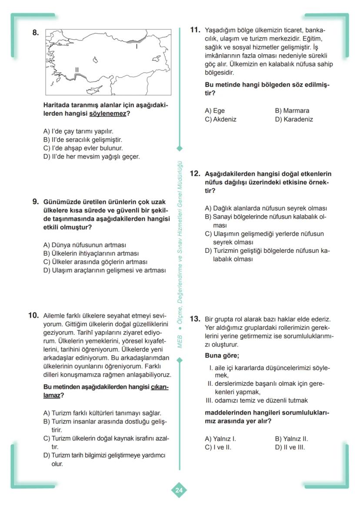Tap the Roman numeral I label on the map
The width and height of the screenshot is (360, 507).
coord(137,46)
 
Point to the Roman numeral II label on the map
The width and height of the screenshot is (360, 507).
coord(77,70)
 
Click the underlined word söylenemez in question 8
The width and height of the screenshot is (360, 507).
coord(108,114)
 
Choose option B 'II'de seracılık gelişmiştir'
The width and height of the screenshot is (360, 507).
coord(83,139)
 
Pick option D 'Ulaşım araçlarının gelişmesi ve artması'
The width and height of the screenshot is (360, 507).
coord(104,270)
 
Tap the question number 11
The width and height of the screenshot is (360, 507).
coord(195,30)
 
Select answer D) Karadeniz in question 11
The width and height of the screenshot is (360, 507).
coord(293,119)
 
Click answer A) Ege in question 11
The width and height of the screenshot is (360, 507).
coord(215,111)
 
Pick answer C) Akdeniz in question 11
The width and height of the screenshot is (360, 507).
coord(220,119)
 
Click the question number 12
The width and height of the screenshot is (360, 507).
coord(195,173)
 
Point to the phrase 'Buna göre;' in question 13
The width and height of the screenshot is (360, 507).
coord(222,355)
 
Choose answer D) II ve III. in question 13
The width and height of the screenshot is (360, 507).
coord(290,447)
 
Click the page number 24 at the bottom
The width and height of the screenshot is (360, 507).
coord(179,490)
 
